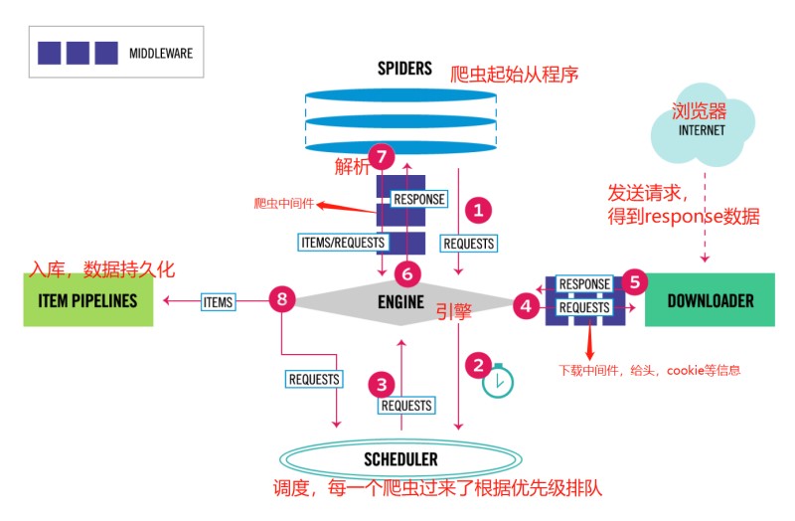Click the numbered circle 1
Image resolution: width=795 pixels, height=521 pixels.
(478, 210)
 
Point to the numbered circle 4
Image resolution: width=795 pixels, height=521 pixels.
(525, 307)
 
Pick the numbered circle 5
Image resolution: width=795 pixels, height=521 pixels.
(637, 281)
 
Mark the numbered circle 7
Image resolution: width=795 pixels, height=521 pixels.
(383, 156)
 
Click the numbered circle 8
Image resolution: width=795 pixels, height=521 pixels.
(282, 299)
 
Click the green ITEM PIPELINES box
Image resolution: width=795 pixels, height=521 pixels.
(88, 300)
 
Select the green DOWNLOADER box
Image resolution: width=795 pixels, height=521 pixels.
(710, 300)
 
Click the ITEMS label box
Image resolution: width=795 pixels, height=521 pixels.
(218, 300)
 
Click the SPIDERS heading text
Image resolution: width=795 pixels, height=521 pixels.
(404, 69)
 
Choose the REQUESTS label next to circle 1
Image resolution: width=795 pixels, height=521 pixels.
(468, 243)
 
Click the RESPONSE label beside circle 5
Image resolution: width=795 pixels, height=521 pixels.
(584, 284)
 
